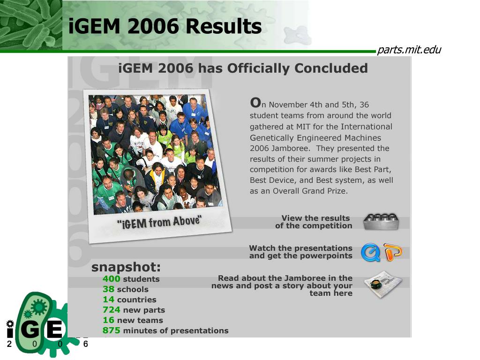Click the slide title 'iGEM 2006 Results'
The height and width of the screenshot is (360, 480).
(x=165, y=26)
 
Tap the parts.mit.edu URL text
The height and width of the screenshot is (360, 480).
(x=409, y=50)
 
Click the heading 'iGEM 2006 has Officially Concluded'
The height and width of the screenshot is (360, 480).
(x=243, y=68)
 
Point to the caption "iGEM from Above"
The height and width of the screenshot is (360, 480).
(x=159, y=222)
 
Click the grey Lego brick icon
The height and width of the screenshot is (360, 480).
(x=381, y=221)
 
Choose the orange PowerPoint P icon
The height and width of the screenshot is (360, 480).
(x=392, y=252)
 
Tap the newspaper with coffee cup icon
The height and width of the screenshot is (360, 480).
(x=382, y=285)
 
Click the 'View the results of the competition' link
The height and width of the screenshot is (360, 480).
(x=314, y=222)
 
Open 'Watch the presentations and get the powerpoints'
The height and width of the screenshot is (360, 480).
(x=300, y=252)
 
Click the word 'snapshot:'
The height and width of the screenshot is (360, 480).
(x=126, y=267)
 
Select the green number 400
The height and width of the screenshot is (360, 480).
(x=111, y=279)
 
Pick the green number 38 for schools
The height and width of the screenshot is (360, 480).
(x=108, y=289)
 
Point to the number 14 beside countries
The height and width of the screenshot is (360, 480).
(x=108, y=300)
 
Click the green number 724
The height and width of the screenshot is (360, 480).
(x=111, y=310)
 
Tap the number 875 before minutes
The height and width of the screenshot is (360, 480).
(x=111, y=330)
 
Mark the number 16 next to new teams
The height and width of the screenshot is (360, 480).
(x=108, y=320)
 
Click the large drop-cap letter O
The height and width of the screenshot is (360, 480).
(x=255, y=102)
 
